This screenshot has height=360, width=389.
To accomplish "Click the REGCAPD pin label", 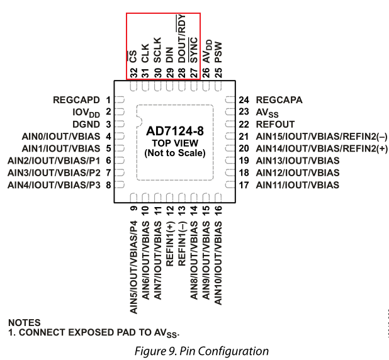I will pos(77,99).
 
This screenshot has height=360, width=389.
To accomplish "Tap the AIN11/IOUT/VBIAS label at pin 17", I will pos(297,185).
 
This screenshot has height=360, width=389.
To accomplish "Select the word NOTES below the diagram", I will pos(25,322).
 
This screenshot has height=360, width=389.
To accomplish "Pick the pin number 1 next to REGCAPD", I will pos(108,99).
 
